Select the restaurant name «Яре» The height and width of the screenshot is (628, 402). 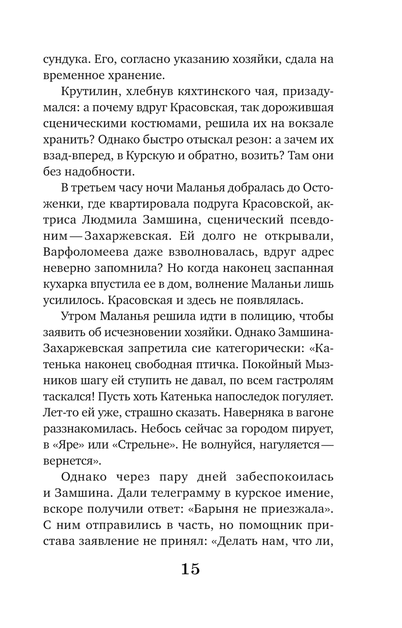pyautogui.click(x=67, y=445)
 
